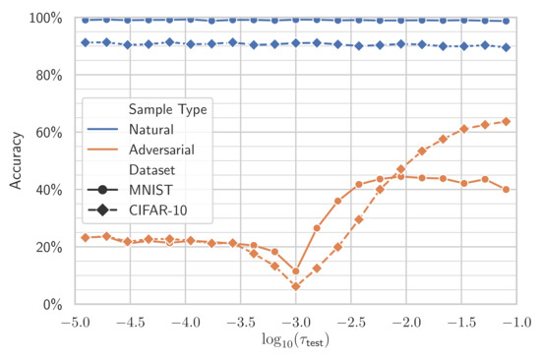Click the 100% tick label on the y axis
pos(43,18)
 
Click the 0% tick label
pos(50,304)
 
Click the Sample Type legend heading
pos(162,109)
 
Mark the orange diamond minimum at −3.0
pos(295,286)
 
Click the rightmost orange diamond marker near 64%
pos(507,121)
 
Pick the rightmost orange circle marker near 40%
pos(507,189)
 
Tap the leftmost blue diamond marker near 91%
pos(86,42)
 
